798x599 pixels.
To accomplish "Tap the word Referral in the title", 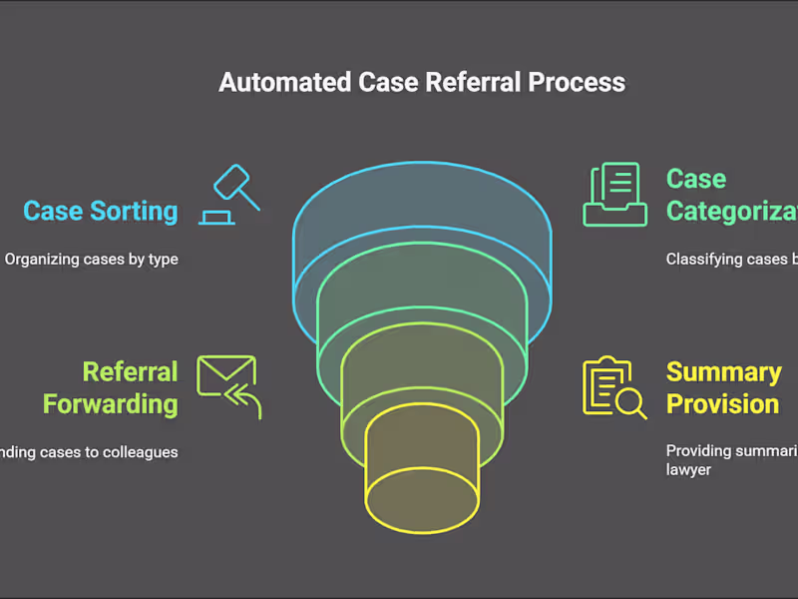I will click(460, 82).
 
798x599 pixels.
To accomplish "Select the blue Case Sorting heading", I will click(101, 212).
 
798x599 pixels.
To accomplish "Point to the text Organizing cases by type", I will click(92, 260).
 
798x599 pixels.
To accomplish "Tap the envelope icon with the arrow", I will click(228, 384).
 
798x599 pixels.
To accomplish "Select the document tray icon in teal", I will click(611, 195).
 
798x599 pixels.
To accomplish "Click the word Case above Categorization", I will click(695, 180).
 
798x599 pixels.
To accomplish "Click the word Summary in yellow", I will click(723, 372).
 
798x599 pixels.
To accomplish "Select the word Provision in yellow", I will click(722, 404).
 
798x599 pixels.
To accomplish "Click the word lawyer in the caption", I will click(688, 469).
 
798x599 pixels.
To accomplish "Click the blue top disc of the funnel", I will click(422, 215).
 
